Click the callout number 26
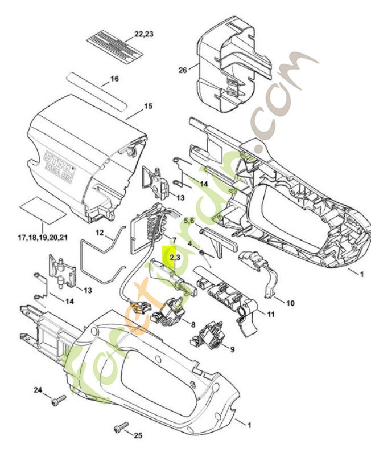(183, 71)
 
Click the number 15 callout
(149, 106)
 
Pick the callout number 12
(100, 233)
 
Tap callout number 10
(290, 303)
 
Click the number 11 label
(271, 313)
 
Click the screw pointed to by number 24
(56, 402)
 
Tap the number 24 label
(38, 390)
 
